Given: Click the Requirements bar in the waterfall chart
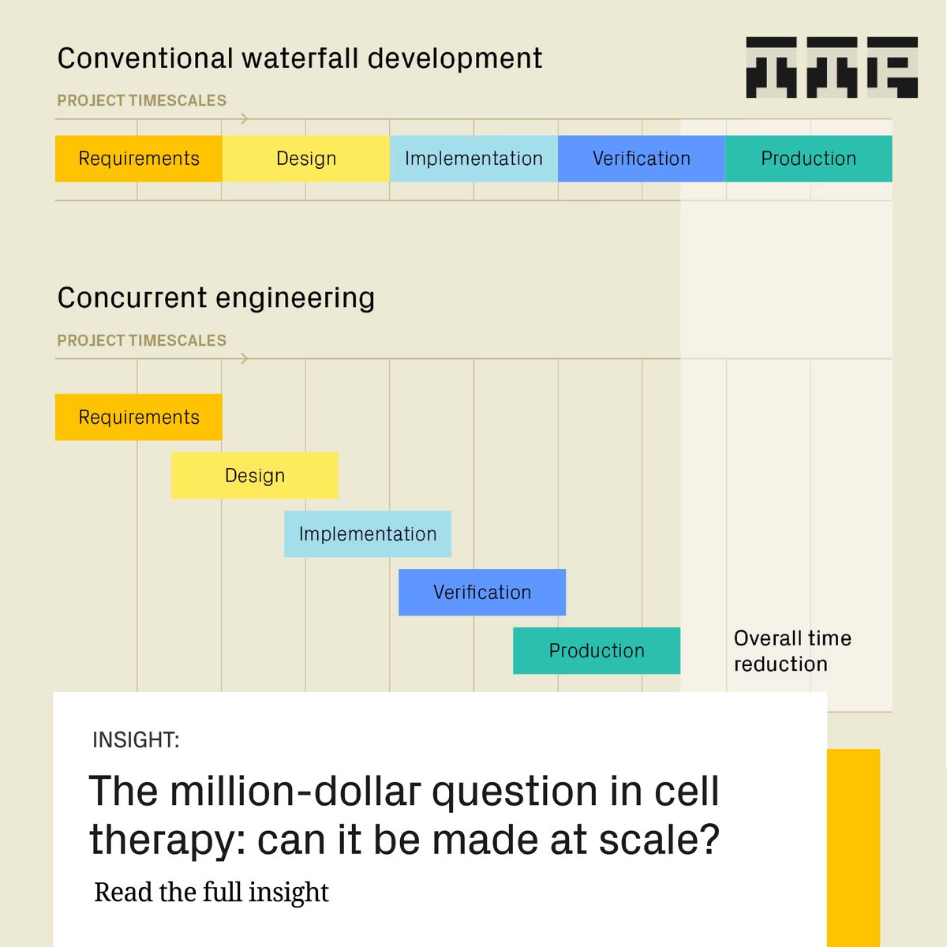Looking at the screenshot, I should pos(139,159).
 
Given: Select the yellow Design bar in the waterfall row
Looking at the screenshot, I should pos(306,159).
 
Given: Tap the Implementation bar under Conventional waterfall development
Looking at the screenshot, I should pos(473,159).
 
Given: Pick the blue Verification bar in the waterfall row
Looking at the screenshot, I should pos(641,159).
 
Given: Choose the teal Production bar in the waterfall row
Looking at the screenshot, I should pos(808,159).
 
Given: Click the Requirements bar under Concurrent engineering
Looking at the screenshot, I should pos(139,417).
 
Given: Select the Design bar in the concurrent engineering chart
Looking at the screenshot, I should pos(255,475).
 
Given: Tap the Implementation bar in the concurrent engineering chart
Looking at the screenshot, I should pos(368,533).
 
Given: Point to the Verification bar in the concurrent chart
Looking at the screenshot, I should pos(482,592).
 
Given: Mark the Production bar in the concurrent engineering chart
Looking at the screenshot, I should pos(597,650).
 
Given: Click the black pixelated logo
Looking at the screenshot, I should pos(832,67).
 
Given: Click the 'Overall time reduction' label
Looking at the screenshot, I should pos(792,651).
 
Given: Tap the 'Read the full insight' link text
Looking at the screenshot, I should pos(211,892).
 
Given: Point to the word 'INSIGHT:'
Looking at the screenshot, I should pos(136,740).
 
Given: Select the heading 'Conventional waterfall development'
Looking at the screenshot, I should pos(300,58).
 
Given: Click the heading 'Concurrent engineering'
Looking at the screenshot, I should pos(216,298).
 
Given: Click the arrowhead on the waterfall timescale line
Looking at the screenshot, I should pos(245,118).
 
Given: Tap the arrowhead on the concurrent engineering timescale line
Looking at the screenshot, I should pos(245,358).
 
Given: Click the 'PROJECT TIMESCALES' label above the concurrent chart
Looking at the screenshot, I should pos(142,340).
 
